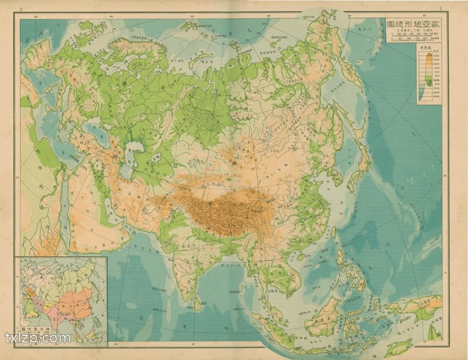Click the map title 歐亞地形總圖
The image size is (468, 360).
412,25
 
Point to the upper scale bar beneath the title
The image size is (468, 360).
412,37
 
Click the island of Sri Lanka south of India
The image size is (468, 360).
201,303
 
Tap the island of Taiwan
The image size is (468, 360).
335,233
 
